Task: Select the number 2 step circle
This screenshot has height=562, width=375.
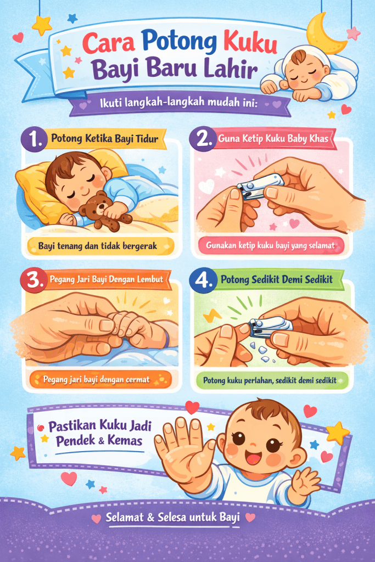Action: point(203,139)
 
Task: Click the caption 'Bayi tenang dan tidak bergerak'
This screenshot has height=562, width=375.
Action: point(98,245)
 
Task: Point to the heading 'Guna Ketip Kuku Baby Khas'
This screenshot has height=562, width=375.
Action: point(273,139)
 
